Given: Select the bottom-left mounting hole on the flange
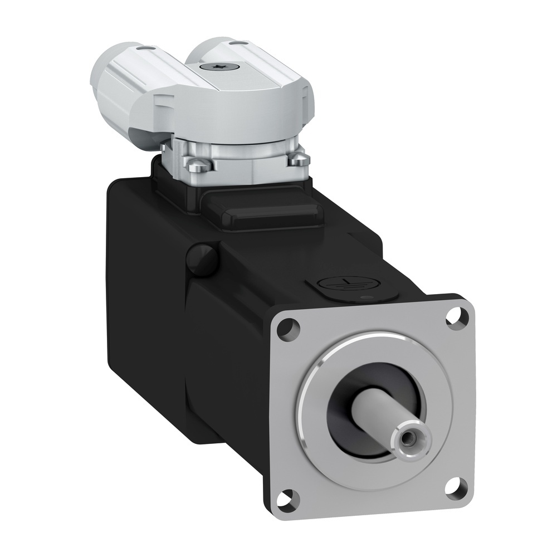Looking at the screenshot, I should point(287,495).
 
